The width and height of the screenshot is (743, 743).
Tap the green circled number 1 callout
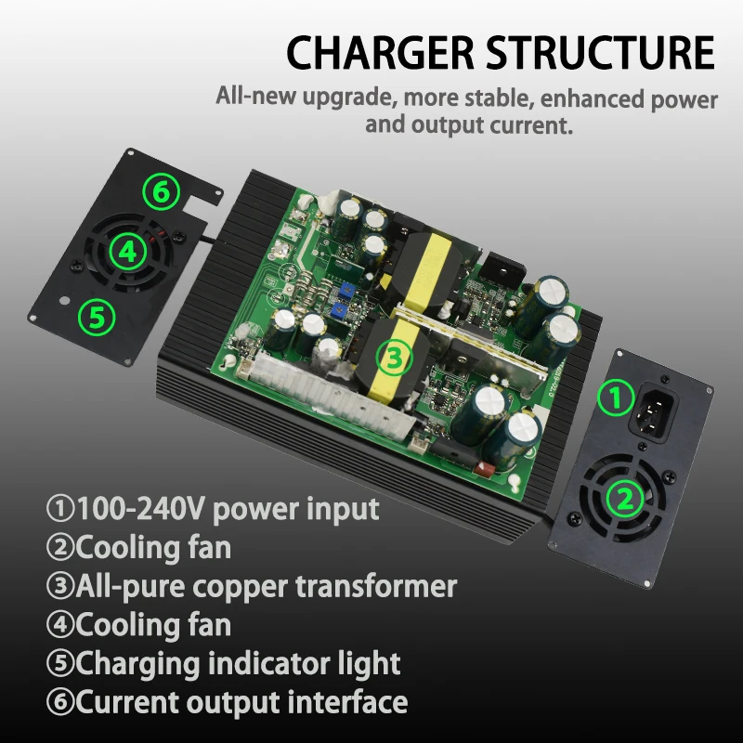click(x=612, y=399)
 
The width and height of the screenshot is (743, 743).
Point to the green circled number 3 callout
click(x=393, y=356)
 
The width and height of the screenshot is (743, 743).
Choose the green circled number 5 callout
click(x=97, y=318)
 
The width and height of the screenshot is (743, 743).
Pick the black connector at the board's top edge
click(x=501, y=267)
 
